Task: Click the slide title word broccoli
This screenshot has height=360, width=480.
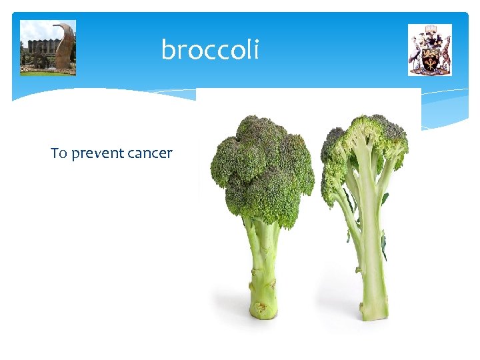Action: pyautogui.click(x=210, y=50)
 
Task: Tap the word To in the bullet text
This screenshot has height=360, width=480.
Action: pyautogui.click(x=59, y=153)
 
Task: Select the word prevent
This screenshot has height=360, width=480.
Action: pyautogui.click(x=98, y=153)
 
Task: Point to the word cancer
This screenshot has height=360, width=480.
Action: pyautogui.click(x=150, y=153)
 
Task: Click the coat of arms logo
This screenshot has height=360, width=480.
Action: pyautogui.click(x=430, y=50)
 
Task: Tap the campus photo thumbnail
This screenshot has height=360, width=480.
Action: pyautogui.click(x=48, y=47)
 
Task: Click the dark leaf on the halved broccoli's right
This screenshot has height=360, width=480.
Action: pyautogui.click(x=384, y=247)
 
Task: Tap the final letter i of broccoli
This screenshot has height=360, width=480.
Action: pyautogui.click(x=255, y=49)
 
